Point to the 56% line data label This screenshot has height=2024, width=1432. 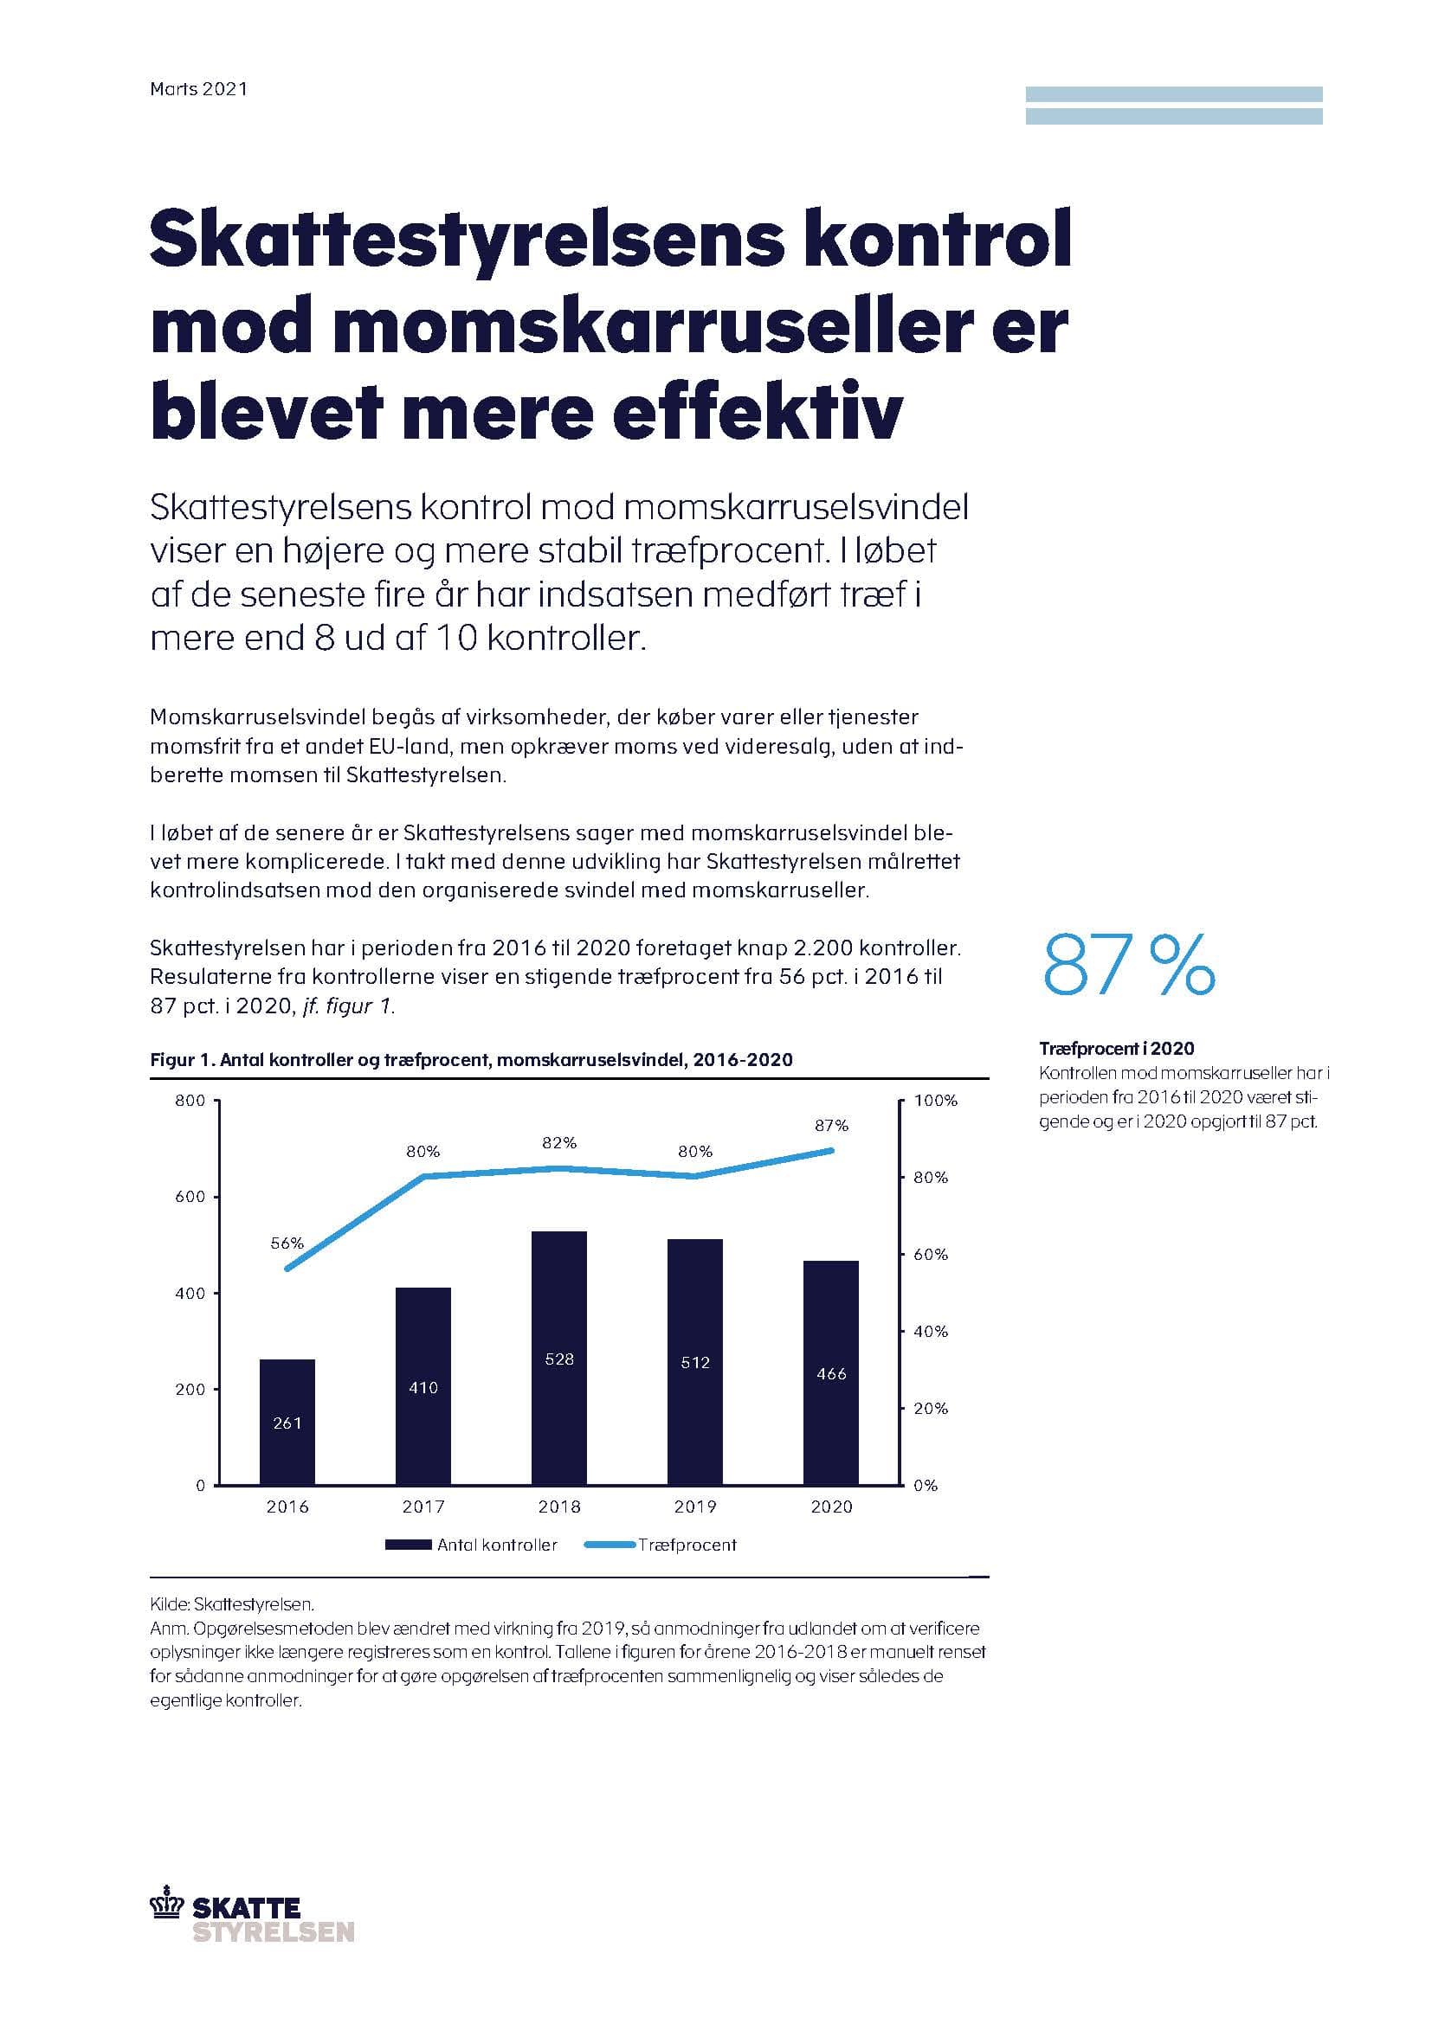coord(287,1243)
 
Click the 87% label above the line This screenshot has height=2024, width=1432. coord(830,1126)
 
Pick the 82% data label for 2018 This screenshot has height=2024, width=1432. coord(559,1142)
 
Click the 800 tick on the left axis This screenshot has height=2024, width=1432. coord(190,1100)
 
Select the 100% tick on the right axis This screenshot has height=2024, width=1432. coord(935,1100)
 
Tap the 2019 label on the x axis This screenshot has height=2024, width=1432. coord(695,1507)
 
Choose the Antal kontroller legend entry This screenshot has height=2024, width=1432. coord(472,1545)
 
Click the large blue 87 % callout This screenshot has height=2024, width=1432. coord(1128,967)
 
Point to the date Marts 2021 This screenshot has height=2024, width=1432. coord(198,89)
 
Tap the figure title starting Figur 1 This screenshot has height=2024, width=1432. coord(471,1060)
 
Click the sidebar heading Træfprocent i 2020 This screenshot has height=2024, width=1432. coord(1116,1048)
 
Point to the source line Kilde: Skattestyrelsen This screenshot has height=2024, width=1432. coord(232,1604)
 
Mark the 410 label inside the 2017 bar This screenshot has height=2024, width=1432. coord(423,1387)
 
